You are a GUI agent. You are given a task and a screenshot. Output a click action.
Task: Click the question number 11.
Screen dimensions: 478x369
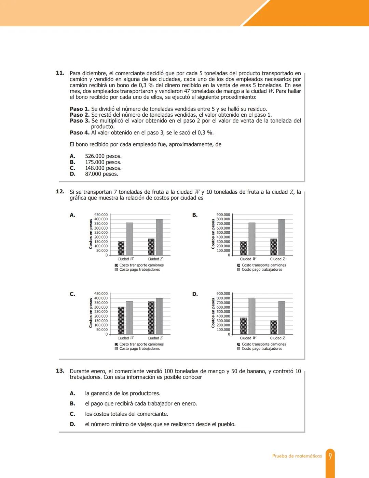point(60,73)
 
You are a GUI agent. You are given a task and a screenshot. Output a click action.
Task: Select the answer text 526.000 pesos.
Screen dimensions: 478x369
point(103,156)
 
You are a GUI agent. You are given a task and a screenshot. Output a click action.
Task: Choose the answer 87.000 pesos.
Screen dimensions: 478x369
point(101,174)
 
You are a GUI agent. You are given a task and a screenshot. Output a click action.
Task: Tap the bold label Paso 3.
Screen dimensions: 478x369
point(80,121)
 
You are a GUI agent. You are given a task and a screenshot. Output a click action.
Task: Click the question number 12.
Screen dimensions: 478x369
point(60,192)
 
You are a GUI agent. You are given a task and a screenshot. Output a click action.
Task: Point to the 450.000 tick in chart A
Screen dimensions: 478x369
point(101,215)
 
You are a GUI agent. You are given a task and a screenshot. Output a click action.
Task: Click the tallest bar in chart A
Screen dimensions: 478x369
point(159,237)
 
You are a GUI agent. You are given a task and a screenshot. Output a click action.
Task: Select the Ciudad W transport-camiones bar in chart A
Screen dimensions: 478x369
point(121,248)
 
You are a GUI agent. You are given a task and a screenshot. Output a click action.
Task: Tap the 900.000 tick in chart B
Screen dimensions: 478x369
point(223,215)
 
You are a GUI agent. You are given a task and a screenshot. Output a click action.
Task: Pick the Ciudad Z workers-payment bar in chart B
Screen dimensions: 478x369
point(282,237)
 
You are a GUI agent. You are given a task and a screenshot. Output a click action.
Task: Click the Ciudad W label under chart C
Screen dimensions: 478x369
point(125,338)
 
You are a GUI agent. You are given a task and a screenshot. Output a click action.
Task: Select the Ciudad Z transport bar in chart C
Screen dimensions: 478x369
point(151,318)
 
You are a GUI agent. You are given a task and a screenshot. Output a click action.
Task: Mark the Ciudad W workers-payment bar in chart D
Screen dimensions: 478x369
point(252,316)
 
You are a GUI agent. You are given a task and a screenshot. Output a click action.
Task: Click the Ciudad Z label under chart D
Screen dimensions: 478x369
point(277,338)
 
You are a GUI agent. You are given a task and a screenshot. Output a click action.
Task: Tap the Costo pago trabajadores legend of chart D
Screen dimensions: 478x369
point(262,349)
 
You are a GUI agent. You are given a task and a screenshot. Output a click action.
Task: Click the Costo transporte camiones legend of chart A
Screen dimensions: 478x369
point(141,265)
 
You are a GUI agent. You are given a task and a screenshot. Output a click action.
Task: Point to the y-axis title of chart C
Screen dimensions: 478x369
point(91,313)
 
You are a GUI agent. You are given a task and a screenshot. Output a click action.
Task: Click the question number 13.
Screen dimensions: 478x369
point(60,371)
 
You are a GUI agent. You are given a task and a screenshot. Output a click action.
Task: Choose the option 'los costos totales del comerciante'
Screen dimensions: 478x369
point(126,414)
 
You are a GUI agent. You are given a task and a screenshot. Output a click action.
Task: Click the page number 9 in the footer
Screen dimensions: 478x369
point(330,456)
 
